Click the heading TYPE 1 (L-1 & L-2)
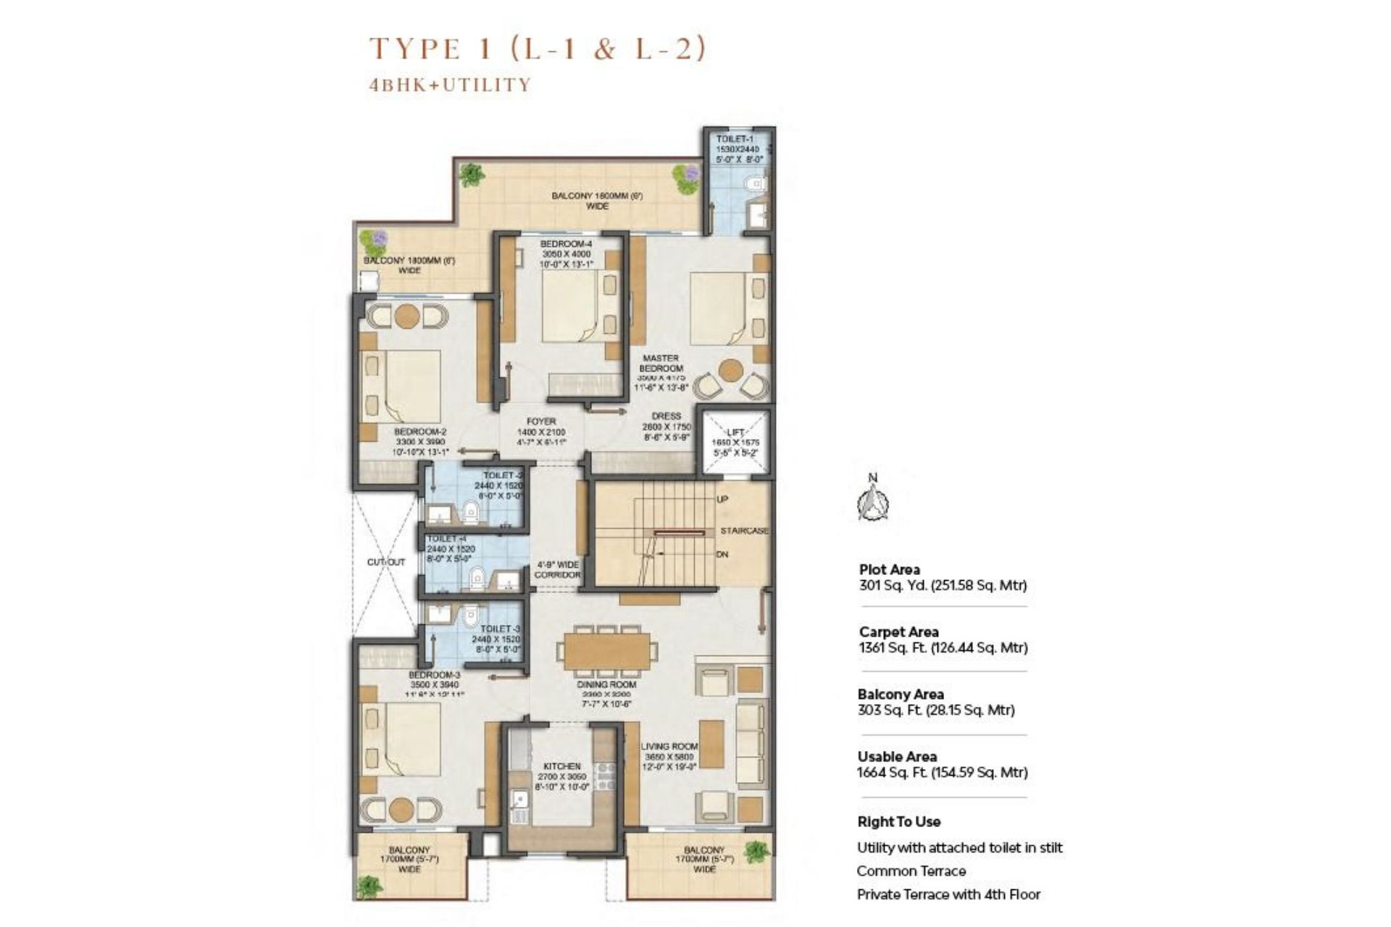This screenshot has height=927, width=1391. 537,49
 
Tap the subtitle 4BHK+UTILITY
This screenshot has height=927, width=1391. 450,85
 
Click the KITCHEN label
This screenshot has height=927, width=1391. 562,766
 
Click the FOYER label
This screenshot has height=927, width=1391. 541,421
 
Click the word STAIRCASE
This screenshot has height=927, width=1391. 744,531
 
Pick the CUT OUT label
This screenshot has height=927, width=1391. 386,562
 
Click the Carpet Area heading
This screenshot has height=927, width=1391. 898,632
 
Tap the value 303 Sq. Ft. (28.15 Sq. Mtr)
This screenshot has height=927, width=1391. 935,710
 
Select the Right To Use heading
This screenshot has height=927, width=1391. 898,822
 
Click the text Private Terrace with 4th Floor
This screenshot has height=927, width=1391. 948,894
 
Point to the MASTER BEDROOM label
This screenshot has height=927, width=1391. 661,363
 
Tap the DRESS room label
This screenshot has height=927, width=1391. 666,416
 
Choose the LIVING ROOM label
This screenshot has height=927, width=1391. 669,747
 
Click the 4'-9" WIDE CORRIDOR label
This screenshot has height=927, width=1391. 557,569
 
